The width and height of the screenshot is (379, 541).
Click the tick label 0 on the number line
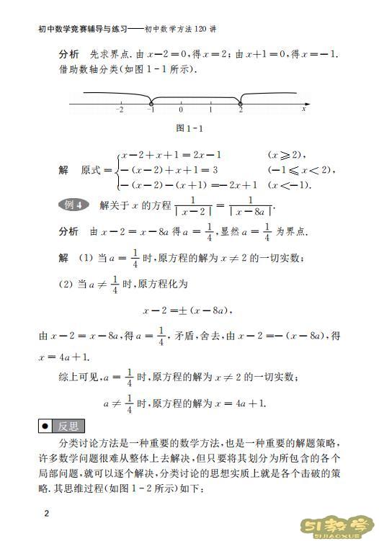click(x=180, y=110)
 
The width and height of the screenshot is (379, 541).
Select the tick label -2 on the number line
click(x=120, y=110)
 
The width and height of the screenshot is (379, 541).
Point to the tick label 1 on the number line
click(x=210, y=110)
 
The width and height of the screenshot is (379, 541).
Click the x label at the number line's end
click(x=304, y=110)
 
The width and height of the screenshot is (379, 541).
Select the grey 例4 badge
click(x=73, y=205)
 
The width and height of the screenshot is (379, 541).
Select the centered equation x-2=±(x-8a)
click(x=189, y=310)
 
